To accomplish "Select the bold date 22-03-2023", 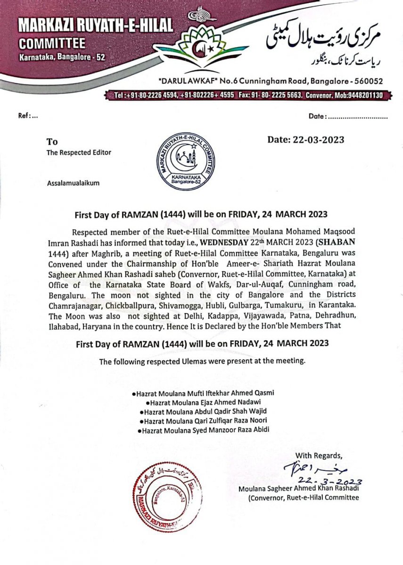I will tap(305, 140).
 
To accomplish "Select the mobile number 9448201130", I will tap(364, 96).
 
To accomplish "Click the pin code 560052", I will tap(369, 81).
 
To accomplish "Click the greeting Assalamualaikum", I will tap(73, 183).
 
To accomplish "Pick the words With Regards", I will tap(319, 455).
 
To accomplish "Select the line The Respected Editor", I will tap(79, 153).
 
